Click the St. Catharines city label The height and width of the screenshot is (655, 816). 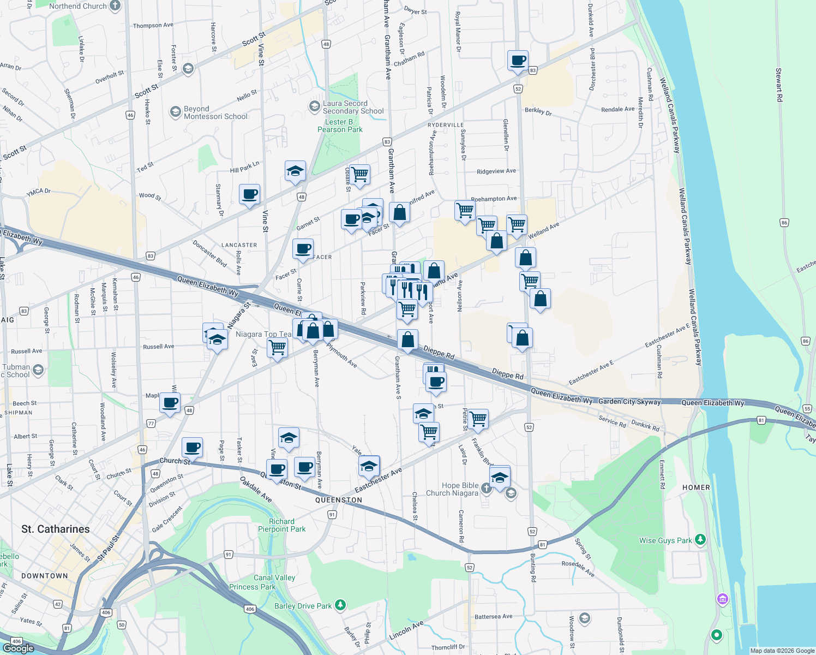[x=56, y=529]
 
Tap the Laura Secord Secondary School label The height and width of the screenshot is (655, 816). [x=353, y=107]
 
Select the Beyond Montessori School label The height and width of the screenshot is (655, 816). [x=215, y=112]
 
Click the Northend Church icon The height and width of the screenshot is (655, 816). [x=115, y=6]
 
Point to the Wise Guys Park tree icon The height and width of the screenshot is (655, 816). [x=700, y=540]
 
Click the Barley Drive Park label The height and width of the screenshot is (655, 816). [x=303, y=606]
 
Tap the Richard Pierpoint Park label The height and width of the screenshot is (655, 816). [x=281, y=525]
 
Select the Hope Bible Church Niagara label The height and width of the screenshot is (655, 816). [x=452, y=489]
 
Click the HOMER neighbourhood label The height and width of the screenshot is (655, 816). [x=696, y=487]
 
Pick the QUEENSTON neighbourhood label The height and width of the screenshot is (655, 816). [x=338, y=500]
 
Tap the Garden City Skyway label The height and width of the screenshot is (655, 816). [x=629, y=402]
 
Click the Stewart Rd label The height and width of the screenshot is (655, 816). [x=779, y=85]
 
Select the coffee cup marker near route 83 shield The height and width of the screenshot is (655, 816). [x=517, y=61]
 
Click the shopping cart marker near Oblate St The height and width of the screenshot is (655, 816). [x=359, y=175]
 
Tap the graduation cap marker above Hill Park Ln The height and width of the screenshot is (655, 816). [x=295, y=171]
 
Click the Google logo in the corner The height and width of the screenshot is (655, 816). [x=18, y=648]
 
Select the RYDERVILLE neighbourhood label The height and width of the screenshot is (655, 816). [x=446, y=125]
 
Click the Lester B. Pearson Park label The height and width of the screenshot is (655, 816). [x=340, y=126]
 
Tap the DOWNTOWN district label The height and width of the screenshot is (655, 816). [x=45, y=576]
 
